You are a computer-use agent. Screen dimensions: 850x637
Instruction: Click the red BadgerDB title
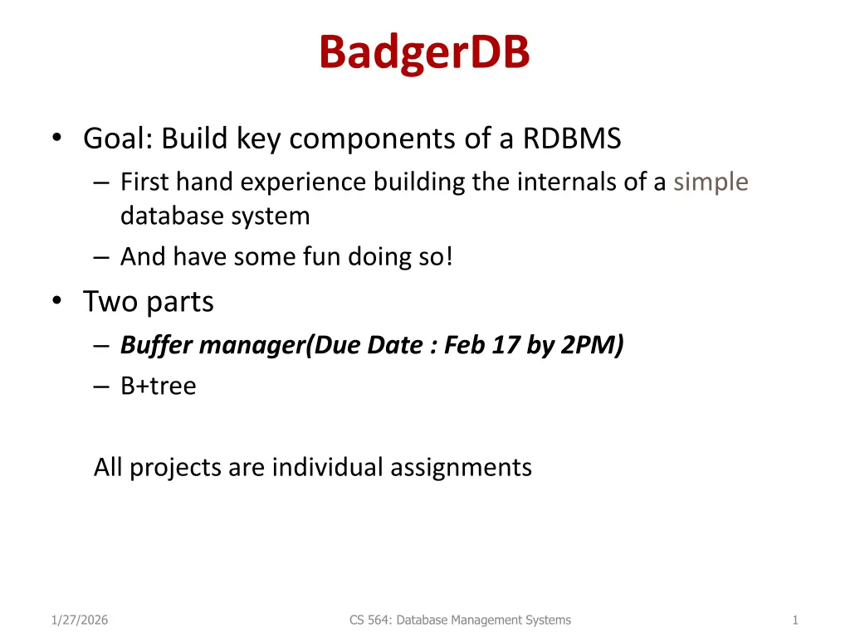point(424,52)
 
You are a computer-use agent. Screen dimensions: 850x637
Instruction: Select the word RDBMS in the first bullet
point(572,139)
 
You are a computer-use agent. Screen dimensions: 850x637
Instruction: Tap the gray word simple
point(711,182)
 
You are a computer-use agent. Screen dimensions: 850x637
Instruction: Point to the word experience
point(303,182)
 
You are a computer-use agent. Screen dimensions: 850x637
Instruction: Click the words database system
point(215,216)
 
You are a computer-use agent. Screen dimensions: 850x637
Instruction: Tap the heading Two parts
point(149,302)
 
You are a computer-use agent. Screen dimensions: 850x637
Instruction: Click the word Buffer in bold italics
point(157,345)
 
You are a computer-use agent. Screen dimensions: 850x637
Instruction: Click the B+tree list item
point(159,386)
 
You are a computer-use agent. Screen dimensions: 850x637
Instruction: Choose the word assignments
point(461,468)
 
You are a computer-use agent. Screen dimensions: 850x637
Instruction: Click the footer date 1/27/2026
point(80,620)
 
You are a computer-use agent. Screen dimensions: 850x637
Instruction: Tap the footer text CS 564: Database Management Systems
point(460,620)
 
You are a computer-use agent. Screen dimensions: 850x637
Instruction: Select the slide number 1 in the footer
point(795,620)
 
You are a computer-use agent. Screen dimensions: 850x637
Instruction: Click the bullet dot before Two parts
point(57,299)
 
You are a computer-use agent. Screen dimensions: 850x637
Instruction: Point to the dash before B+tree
point(100,387)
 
